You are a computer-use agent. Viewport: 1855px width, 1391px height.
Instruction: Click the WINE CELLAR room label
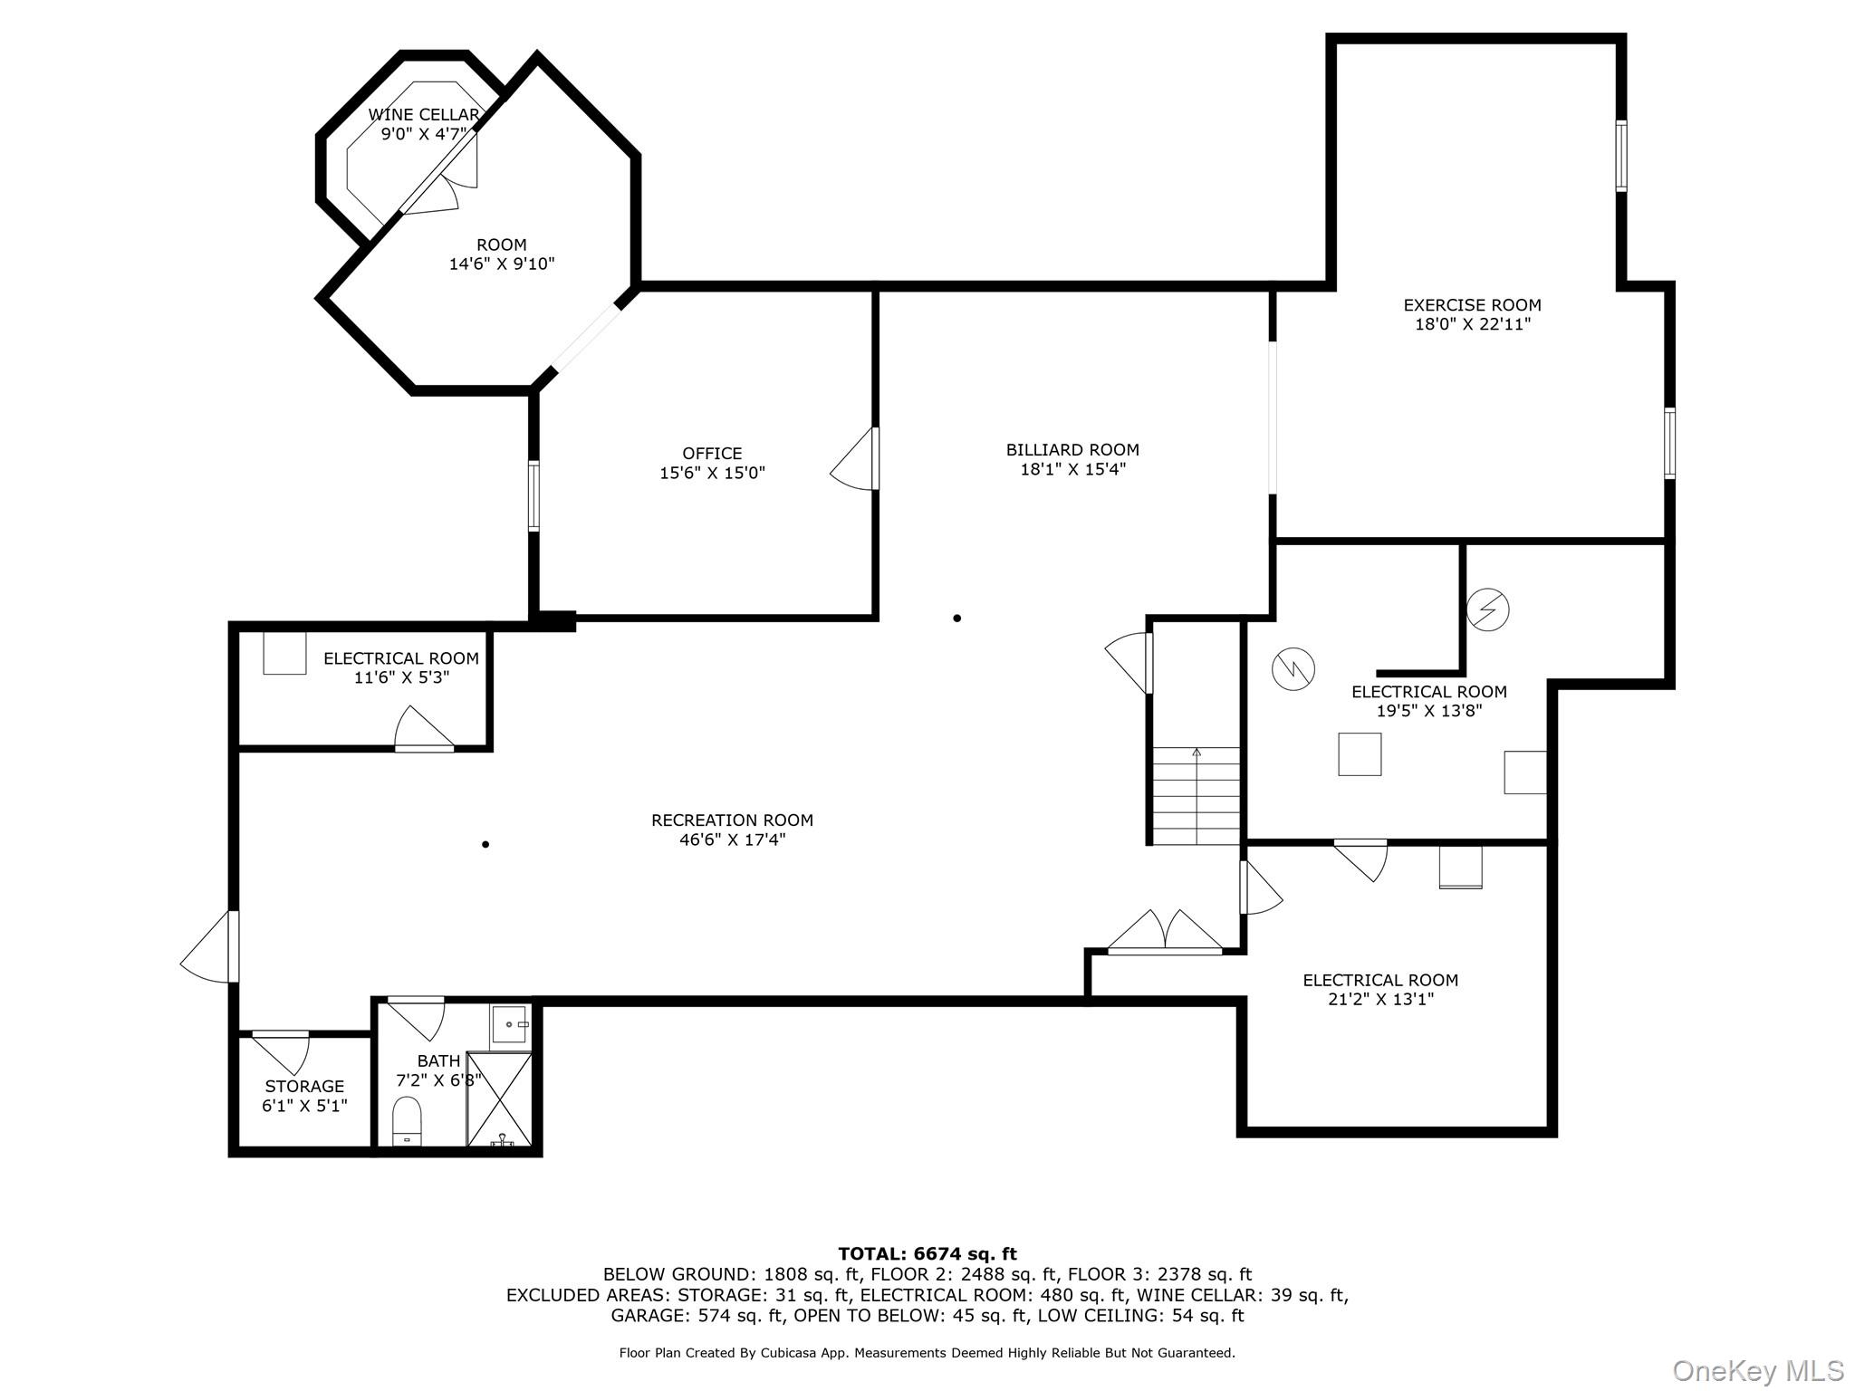(423, 115)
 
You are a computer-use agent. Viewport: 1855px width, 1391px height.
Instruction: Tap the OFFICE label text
(712, 453)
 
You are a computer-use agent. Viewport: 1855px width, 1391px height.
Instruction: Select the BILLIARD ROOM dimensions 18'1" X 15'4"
(1072, 469)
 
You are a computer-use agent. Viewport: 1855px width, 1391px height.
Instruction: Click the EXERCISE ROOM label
(1472, 305)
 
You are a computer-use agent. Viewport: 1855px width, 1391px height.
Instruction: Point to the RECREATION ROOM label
(732, 820)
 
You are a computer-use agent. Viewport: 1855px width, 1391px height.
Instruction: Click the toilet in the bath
(407, 1121)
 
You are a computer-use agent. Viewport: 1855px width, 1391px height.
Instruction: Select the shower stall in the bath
(499, 1099)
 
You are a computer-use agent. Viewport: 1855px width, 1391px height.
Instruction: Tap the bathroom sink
(509, 1024)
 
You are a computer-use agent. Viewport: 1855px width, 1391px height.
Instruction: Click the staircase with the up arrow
(1196, 795)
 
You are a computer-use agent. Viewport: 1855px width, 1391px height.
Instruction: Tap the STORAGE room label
(304, 1086)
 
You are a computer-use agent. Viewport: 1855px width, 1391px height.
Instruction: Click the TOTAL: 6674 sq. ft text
(927, 1253)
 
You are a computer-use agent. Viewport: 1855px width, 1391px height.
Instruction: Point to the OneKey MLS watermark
(1757, 1370)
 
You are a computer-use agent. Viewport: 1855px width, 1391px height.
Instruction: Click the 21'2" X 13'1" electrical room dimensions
(1379, 999)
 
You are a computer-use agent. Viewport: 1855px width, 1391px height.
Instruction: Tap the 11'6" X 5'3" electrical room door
(422, 731)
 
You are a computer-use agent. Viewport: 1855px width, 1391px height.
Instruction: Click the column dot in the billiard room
(956, 619)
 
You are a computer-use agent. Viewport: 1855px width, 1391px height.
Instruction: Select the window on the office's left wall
(533, 495)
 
